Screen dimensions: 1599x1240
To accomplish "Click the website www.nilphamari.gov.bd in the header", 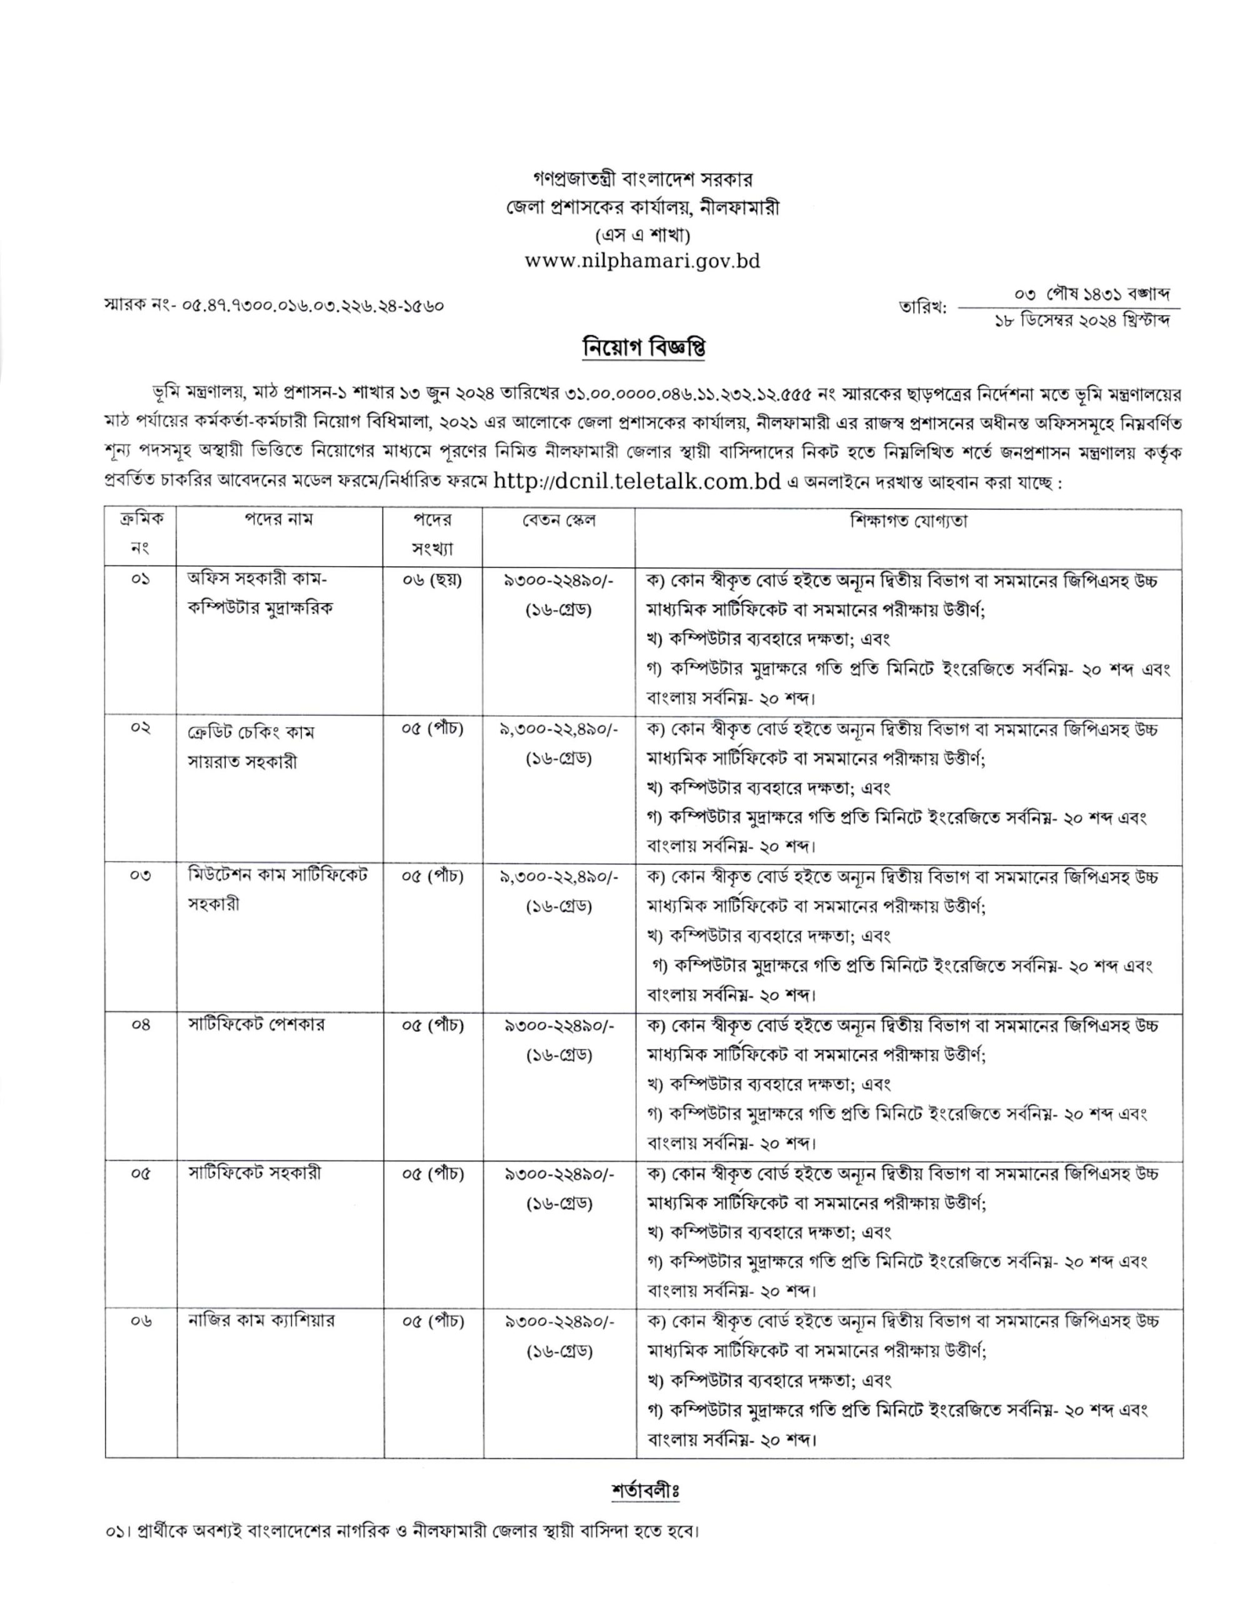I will coord(642,261).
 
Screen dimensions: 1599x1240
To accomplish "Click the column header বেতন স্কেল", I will coord(559,520).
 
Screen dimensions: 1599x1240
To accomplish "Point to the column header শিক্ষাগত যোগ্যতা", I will coord(908,520).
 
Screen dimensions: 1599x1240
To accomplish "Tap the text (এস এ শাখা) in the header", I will coord(642,235).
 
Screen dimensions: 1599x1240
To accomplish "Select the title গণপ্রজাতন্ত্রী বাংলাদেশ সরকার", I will coord(642,179).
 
